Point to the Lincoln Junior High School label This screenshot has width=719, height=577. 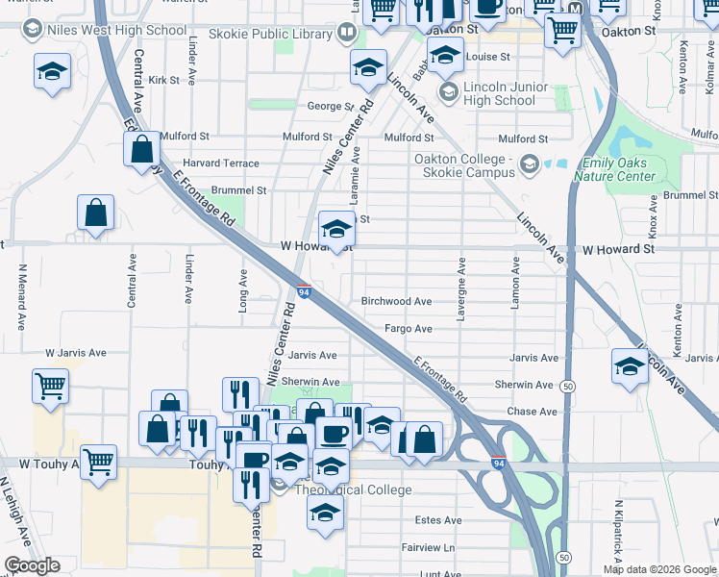[499, 93]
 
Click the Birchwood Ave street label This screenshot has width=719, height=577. [396, 301]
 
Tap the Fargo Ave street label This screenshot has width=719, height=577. [409, 329]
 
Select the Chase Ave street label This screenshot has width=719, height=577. [533, 412]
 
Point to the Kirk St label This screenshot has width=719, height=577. [164, 80]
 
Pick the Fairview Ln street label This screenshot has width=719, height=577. [428, 547]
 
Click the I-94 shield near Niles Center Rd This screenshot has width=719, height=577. [303, 289]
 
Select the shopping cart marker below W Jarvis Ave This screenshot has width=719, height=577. [50, 387]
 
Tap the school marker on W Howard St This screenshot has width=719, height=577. [335, 230]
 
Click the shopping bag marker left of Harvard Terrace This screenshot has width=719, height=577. [141, 149]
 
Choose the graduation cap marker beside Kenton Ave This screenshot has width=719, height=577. [630, 366]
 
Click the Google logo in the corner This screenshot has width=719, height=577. [32, 565]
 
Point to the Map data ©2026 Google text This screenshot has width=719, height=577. [658, 569]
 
